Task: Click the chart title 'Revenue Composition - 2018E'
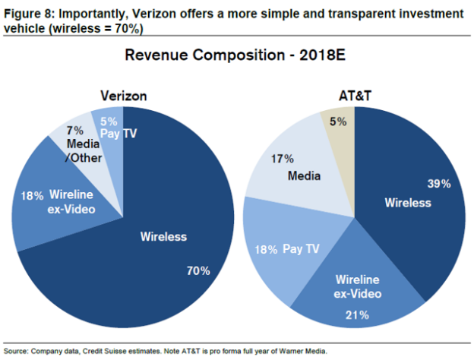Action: tap(236, 56)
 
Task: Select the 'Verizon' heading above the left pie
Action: tap(123, 96)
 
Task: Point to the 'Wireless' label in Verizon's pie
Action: tap(163, 237)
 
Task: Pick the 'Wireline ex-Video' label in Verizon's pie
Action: tap(71, 201)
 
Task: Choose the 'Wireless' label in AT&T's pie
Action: tap(407, 203)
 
